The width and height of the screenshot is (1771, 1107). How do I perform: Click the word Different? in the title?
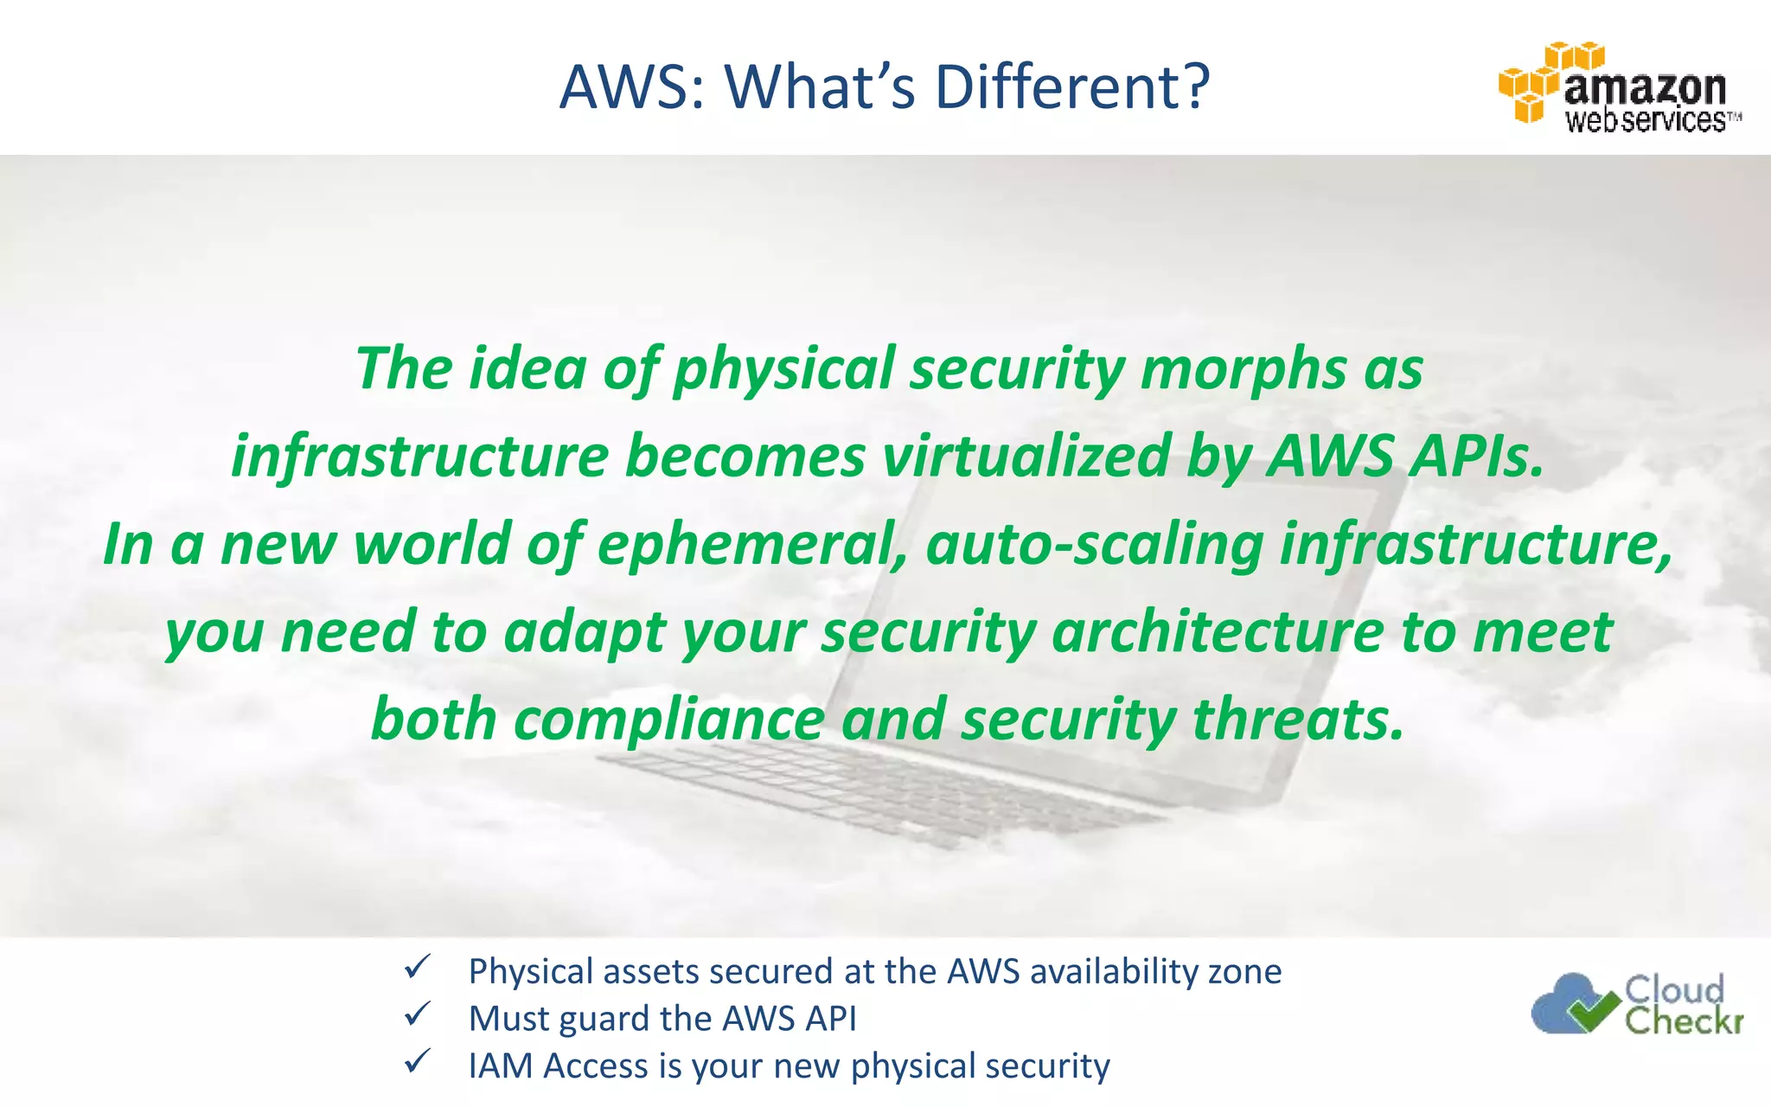(1072, 87)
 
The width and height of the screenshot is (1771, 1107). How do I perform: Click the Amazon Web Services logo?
(1619, 87)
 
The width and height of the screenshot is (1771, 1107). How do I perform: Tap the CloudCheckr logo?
(1637, 1003)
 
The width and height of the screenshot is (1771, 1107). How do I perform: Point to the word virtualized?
(1026, 457)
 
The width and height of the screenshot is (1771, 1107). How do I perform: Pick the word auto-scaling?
(1095, 545)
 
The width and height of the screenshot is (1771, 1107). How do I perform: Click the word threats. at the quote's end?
(1298, 720)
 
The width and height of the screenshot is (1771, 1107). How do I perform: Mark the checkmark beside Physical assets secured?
(417, 967)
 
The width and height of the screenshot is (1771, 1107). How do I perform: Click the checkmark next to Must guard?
(417, 1014)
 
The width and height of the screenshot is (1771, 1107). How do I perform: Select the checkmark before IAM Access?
(417, 1061)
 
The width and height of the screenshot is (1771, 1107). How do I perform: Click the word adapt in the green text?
(585, 632)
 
